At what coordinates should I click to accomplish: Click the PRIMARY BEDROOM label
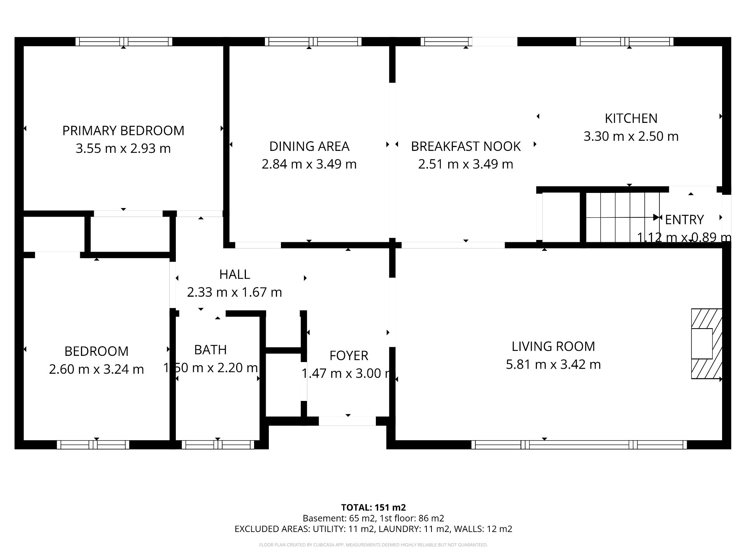pyautogui.click(x=123, y=131)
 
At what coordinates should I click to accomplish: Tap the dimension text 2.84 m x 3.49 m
pyautogui.click(x=309, y=164)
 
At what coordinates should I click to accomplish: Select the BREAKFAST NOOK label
pyautogui.click(x=466, y=146)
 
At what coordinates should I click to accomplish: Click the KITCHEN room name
pyautogui.click(x=631, y=118)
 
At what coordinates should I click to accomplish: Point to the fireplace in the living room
pyautogui.click(x=706, y=344)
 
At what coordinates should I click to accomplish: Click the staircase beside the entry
pyautogui.click(x=622, y=217)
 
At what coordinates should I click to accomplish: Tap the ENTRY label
pyautogui.click(x=684, y=220)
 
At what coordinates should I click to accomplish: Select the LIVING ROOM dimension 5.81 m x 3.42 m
pyautogui.click(x=553, y=364)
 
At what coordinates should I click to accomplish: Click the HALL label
pyautogui.click(x=235, y=274)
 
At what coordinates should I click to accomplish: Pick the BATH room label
pyautogui.click(x=210, y=350)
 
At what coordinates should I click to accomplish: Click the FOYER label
pyautogui.click(x=349, y=355)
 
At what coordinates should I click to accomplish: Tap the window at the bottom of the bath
pyautogui.click(x=218, y=444)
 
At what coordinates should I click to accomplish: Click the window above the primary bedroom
pyautogui.click(x=124, y=42)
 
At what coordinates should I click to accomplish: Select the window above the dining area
pyautogui.click(x=313, y=42)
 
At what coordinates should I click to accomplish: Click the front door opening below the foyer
pyautogui.click(x=347, y=421)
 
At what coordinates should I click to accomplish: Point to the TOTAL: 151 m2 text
pyautogui.click(x=373, y=507)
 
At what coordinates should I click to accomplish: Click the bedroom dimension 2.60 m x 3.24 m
pyautogui.click(x=96, y=369)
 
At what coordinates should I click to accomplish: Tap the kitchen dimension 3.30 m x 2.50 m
pyautogui.click(x=631, y=136)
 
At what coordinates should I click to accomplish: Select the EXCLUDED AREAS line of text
pyautogui.click(x=373, y=529)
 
